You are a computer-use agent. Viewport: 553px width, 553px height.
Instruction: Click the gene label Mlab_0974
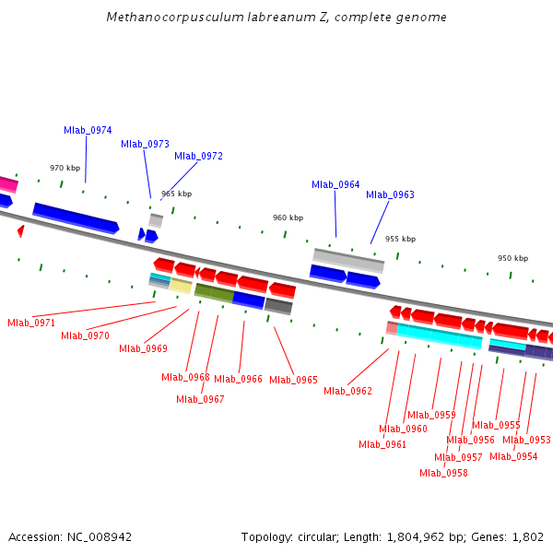88,130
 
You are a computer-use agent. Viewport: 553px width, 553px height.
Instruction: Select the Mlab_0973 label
145,144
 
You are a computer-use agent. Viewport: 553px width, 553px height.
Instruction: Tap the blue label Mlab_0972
198,156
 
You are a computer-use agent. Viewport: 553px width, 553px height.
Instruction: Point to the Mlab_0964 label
335,184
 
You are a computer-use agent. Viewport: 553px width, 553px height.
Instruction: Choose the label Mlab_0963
390,194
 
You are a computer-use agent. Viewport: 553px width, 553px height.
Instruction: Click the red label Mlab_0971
31,323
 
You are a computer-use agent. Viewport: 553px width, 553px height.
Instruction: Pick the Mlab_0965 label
293,380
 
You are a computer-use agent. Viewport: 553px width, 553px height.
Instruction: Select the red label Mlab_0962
347,391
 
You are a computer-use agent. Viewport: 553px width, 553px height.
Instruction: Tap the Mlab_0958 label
443,473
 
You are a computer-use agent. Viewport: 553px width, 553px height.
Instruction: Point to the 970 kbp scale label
65,168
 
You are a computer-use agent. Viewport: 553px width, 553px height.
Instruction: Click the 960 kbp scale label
288,218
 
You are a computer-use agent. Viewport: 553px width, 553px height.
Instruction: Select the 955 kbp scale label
400,239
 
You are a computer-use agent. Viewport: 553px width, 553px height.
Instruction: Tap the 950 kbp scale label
512,258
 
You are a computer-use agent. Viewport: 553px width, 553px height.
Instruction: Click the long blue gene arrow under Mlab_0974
76,218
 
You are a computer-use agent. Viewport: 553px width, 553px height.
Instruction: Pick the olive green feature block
214,293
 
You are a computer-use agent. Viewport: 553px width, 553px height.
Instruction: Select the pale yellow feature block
182,286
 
